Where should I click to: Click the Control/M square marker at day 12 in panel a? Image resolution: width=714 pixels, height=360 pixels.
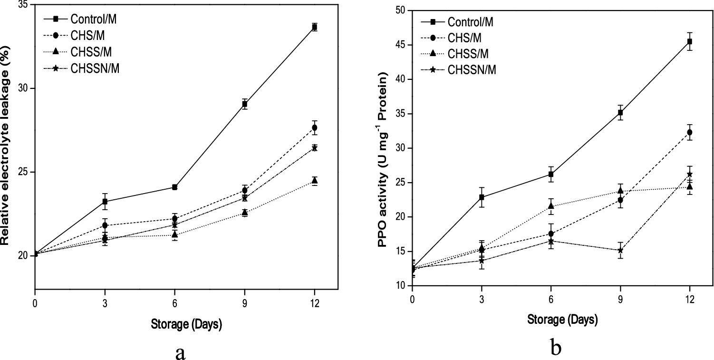point(314,27)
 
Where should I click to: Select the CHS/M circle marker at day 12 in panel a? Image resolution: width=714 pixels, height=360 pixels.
point(314,128)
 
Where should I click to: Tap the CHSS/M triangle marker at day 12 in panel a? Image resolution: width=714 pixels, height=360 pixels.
point(314,180)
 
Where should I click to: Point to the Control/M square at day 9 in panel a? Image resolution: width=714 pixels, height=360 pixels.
point(244,104)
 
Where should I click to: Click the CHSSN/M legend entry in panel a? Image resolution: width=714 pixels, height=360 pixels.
point(95,68)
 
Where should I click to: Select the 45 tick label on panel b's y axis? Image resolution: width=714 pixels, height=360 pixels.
point(401,45)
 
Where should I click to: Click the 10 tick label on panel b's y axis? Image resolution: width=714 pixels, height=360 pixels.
point(401,286)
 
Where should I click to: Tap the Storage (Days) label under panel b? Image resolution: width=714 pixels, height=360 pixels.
point(562,319)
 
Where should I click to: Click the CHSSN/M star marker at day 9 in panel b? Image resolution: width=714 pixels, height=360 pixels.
point(620,250)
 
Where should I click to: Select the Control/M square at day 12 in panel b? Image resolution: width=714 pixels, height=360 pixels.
point(689,42)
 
